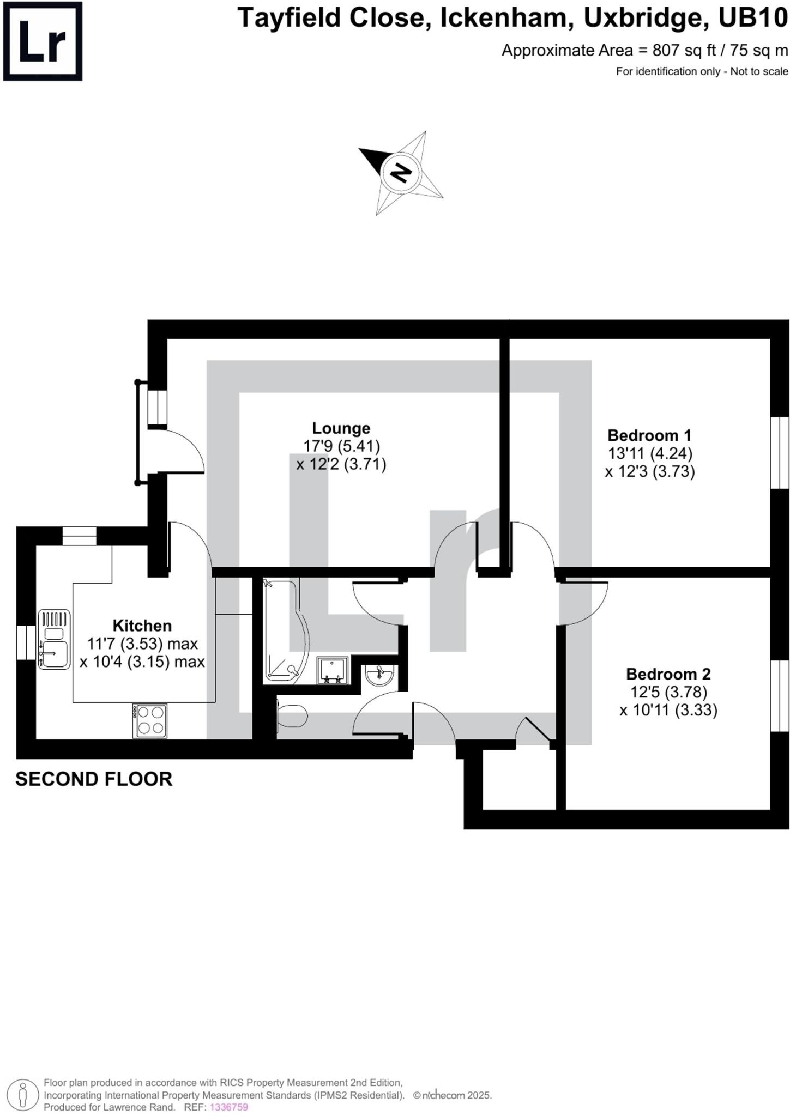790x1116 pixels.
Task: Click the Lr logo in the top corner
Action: point(43,41)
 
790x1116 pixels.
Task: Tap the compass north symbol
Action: point(401,173)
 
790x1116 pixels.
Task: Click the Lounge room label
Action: point(341,428)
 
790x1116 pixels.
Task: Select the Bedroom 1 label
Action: point(649,435)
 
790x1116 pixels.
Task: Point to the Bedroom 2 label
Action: point(668,674)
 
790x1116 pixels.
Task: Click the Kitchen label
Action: point(142,626)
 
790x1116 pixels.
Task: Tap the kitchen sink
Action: point(54,640)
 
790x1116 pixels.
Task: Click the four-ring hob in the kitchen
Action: point(150,721)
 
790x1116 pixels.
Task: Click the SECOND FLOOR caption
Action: point(94,779)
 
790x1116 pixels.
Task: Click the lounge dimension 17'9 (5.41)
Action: point(341,446)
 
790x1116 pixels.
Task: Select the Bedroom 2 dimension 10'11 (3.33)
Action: point(668,710)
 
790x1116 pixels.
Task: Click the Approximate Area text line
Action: point(644,51)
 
